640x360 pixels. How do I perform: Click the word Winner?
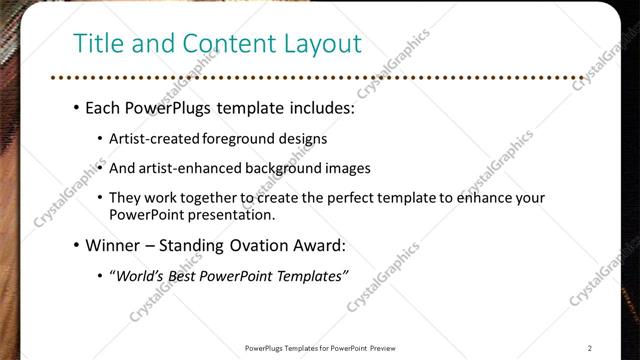click(112, 245)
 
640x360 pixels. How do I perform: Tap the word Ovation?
click(266, 245)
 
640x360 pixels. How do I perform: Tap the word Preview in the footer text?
click(383, 348)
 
